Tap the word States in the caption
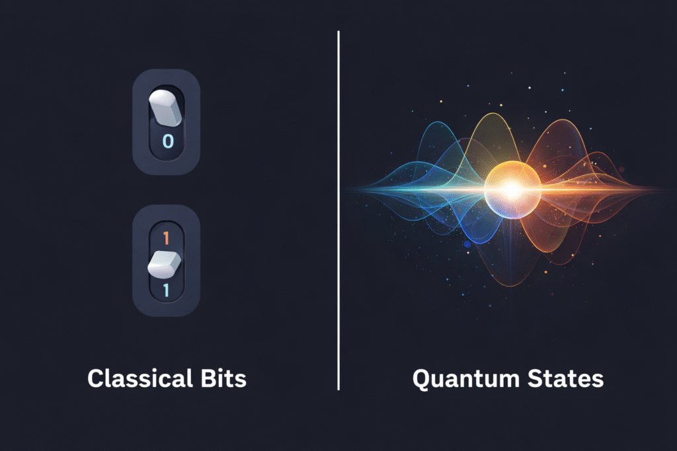pos(568,379)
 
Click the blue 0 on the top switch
pos(167,141)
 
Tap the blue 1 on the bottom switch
pos(165,289)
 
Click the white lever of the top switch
pos(165,108)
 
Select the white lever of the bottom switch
pos(164,263)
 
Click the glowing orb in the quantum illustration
pos(512,190)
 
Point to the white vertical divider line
pos(338,211)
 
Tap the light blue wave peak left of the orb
pos(436,125)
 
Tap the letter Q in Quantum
pos(421,379)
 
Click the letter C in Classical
pos(97,379)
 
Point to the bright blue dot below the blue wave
pos(467,244)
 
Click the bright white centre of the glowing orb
pos(512,190)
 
